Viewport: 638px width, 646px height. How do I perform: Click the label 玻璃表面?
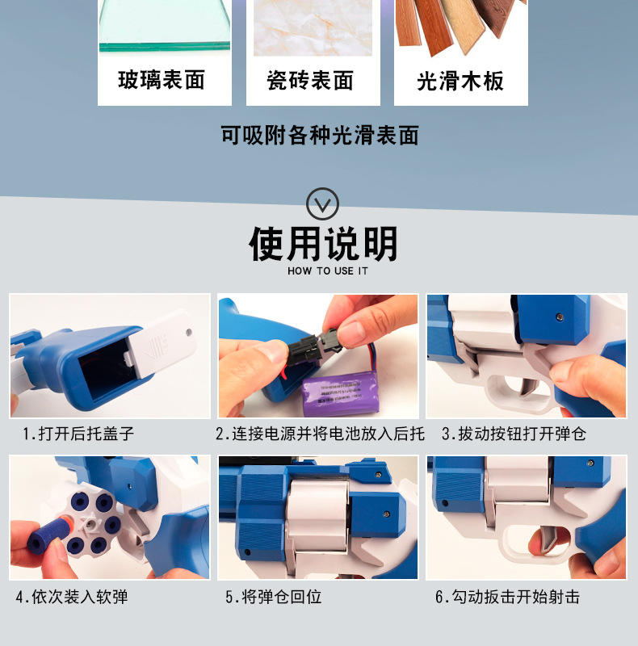162,81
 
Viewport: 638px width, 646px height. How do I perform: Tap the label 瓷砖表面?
310,81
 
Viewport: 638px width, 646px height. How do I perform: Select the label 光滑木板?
460,81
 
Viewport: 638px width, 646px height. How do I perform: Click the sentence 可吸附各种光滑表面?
320,135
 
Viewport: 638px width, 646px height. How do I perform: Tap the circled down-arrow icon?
323,202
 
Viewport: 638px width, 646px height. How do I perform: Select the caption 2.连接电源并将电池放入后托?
320,434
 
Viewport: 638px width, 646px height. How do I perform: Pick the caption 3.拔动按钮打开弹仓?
514,434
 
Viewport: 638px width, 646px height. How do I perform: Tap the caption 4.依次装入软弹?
72,598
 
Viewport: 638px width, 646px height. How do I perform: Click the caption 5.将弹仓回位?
274,598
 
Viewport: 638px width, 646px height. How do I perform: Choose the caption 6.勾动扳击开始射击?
507,598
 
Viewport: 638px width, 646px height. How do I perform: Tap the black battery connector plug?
312,350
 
